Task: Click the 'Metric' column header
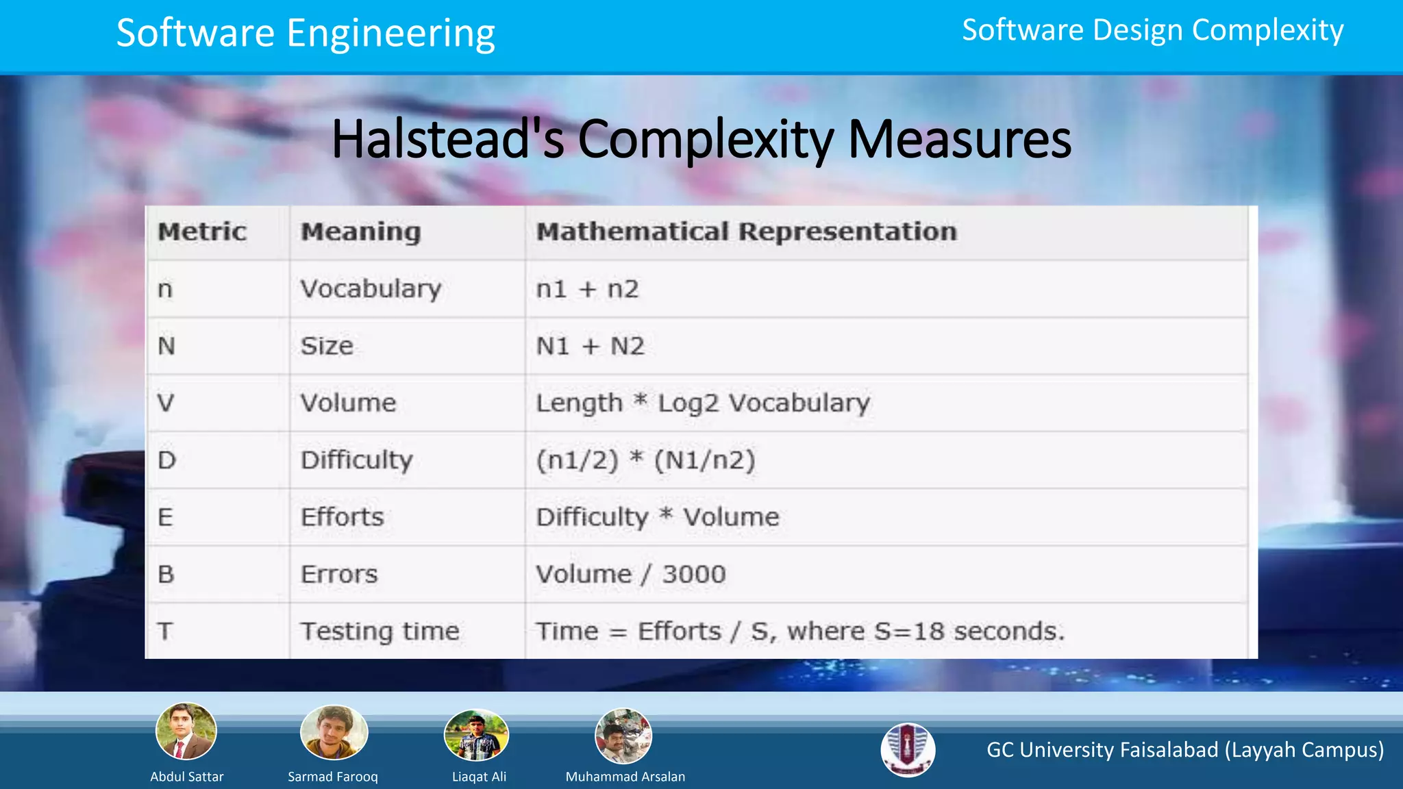tap(202, 231)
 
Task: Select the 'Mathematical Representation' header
tap(746, 231)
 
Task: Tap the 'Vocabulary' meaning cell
tap(371, 289)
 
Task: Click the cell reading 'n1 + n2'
tap(587, 289)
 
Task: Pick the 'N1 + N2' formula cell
tap(590, 346)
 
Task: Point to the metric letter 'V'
tap(166, 403)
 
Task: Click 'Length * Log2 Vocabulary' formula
tap(702, 403)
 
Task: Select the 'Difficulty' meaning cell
tap(356, 460)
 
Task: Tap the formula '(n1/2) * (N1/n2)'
tap(645, 460)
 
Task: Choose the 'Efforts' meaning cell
tap(342, 517)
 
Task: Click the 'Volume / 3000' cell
tap(630, 574)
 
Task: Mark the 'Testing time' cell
tap(380, 631)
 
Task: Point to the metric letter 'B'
tap(166, 574)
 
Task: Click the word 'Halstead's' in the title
tap(448, 140)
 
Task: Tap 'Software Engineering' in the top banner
tap(306, 33)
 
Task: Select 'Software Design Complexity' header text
tap(1152, 30)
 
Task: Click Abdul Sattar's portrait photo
tap(186, 731)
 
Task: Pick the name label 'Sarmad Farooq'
tap(333, 777)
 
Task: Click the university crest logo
tap(908, 750)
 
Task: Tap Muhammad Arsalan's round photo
tap(623, 736)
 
